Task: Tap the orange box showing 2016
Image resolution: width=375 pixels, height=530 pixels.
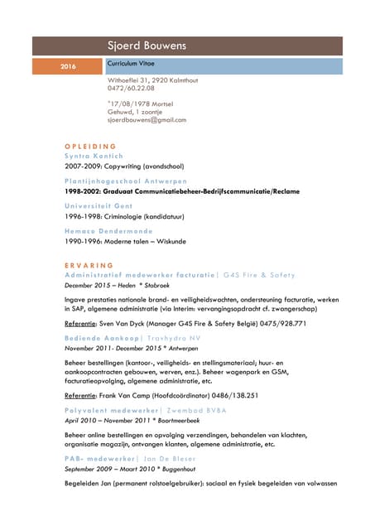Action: tap(68, 65)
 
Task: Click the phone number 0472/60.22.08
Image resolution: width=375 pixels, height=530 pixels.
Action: tap(131, 88)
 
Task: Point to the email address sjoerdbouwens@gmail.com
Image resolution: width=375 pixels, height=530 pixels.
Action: tap(147, 119)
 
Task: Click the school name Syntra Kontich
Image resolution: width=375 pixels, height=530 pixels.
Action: tap(94, 155)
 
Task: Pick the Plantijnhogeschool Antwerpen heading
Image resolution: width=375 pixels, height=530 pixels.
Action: tap(126, 181)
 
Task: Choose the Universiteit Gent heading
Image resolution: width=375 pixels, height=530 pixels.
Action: tap(99, 205)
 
